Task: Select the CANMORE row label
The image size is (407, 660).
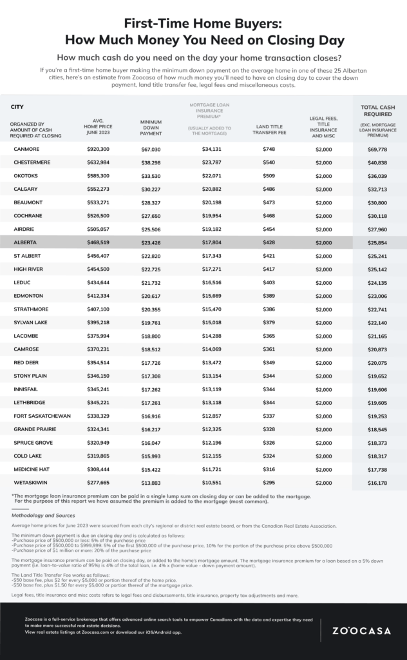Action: coord(26,150)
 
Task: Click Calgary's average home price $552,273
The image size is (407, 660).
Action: coord(98,189)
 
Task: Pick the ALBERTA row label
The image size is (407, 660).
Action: coord(26,242)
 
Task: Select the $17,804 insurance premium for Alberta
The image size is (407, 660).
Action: coord(207,242)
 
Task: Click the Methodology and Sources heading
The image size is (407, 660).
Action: coord(43,516)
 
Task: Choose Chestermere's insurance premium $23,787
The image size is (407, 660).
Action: coord(207,162)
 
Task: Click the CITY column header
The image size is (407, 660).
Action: coord(17,106)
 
